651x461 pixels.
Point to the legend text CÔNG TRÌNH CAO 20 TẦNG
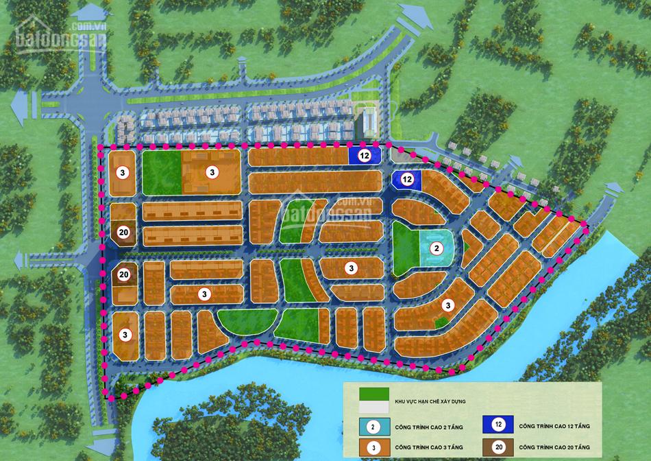point(554,449)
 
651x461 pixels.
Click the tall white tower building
point(369,121)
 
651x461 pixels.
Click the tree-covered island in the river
point(226,425)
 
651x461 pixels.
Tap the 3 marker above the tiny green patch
point(448,305)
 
